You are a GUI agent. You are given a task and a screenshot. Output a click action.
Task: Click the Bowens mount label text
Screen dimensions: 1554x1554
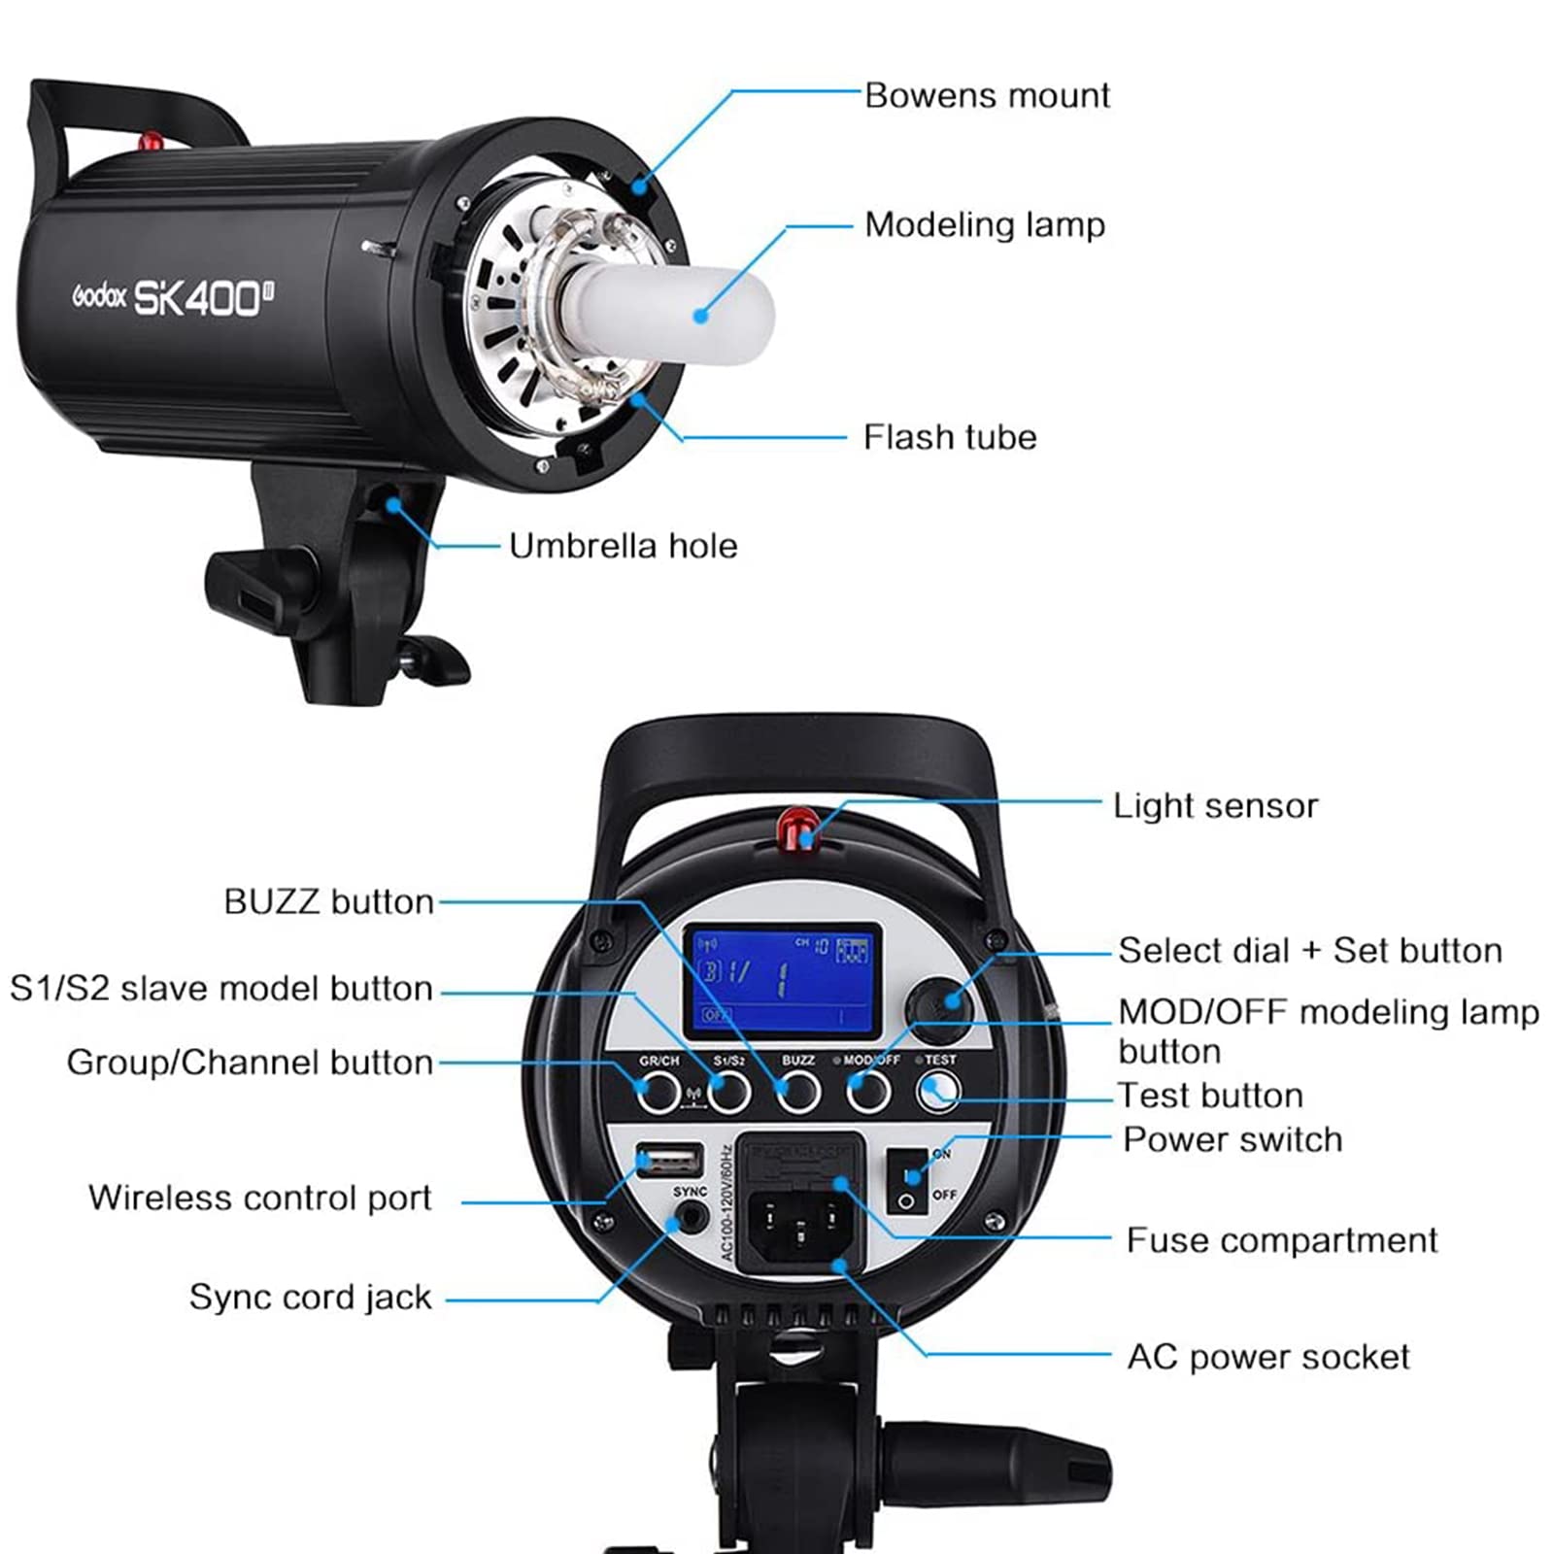coord(987,96)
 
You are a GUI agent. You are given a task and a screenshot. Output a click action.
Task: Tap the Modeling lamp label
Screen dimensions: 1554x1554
coord(984,225)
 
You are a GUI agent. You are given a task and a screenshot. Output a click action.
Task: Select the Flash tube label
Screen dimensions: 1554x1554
coord(949,437)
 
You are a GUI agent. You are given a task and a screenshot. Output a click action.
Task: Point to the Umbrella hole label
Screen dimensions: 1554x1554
coord(623,546)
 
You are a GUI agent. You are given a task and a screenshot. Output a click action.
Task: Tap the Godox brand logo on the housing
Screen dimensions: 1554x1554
coord(99,296)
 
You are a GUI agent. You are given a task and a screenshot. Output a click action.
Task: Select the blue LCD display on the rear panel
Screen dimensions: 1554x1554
coord(782,980)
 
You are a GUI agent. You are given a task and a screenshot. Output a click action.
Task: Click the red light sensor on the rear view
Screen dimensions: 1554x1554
coord(797,828)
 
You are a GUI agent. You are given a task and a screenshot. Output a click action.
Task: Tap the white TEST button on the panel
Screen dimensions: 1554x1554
coord(938,1093)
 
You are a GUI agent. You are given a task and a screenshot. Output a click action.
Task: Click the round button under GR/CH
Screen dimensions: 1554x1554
coord(659,1093)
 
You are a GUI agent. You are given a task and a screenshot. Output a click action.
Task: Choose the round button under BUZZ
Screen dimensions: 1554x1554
coord(798,1093)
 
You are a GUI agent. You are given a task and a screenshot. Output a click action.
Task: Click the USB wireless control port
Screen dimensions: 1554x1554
coord(669,1160)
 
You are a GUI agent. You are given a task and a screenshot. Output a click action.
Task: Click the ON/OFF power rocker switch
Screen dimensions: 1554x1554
coord(908,1179)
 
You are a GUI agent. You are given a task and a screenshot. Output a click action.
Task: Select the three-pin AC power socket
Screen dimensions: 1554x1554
coord(798,1227)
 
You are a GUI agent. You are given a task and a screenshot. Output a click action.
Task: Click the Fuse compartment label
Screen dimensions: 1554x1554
coord(1281,1240)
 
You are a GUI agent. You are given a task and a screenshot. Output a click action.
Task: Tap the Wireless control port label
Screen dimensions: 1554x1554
coord(259,1198)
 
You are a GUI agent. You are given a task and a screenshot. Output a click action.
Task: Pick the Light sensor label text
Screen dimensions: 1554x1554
coord(1215,806)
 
